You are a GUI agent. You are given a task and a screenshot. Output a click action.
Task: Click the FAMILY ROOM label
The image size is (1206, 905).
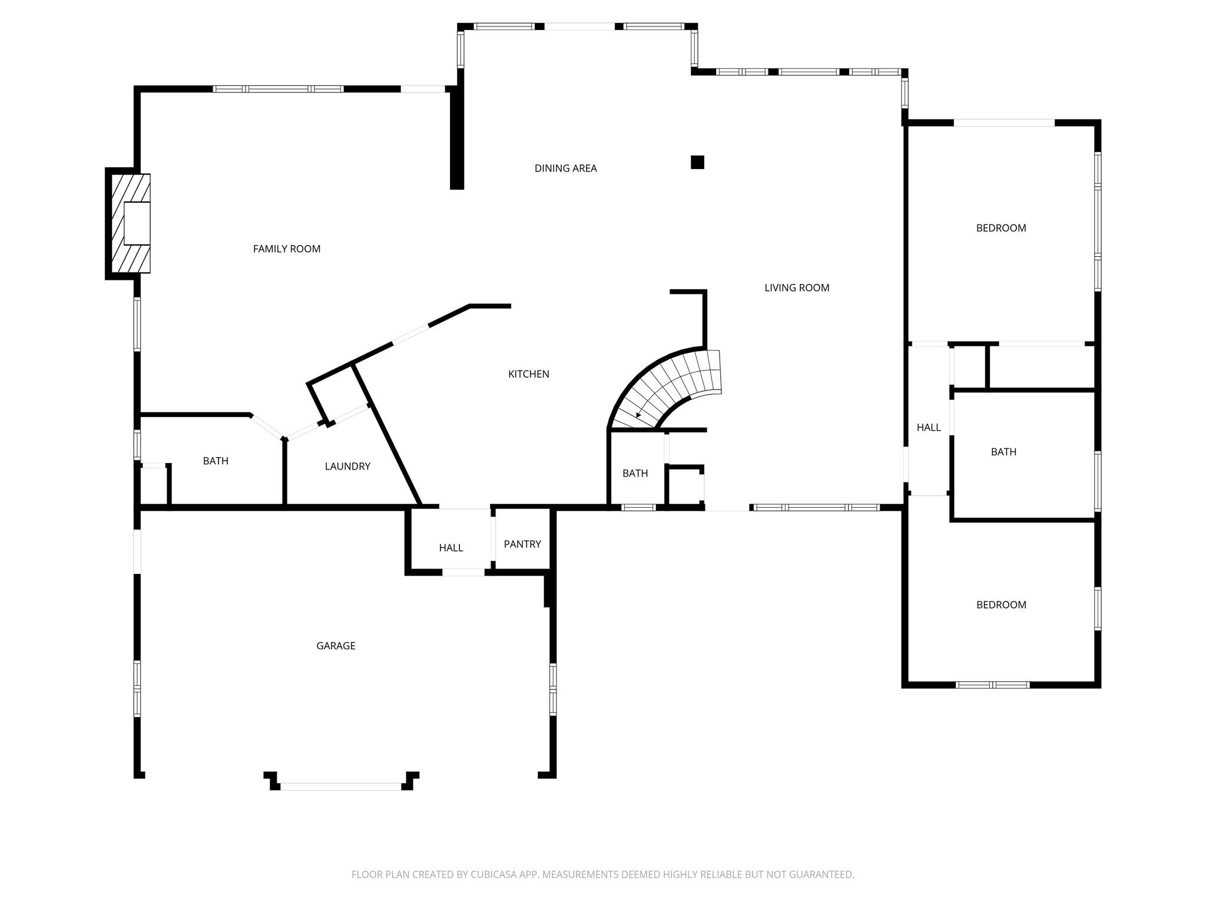tap(287, 249)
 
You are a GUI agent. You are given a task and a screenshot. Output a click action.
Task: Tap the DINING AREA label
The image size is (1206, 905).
tap(565, 169)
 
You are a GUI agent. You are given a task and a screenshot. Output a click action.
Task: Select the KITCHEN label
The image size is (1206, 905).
tap(528, 374)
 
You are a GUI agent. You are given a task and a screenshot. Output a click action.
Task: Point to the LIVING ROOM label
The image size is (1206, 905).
tap(797, 288)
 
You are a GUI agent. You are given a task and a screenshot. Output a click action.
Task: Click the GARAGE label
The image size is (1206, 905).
tap(336, 646)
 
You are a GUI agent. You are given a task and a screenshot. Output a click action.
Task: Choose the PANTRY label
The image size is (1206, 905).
tap(522, 544)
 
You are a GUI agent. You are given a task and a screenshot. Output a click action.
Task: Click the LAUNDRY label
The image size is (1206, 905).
tap(347, 467)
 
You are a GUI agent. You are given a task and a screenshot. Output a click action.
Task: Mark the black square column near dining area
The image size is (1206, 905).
tap(697, 162)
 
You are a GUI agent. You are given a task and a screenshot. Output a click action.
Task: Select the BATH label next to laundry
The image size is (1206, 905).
tap(216, 461)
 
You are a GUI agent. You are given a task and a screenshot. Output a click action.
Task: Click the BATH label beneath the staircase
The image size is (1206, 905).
tap(635, 474)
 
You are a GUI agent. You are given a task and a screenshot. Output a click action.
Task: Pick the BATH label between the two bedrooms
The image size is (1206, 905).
tap(1003, 452)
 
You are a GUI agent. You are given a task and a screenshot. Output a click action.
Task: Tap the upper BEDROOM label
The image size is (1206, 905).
tap(1000, 228)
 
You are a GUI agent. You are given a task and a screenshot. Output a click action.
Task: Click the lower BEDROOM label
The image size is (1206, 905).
tap(1000, 605)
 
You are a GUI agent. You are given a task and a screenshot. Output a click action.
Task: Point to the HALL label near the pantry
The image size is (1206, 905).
tap(450, 548)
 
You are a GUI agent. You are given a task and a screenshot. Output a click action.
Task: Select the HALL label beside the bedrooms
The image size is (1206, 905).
tap(928, 428)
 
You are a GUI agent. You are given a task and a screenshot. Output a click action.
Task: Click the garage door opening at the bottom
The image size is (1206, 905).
tap(340, 786)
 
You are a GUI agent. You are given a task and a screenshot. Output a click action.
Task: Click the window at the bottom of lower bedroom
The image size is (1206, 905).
tap(992, 685)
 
